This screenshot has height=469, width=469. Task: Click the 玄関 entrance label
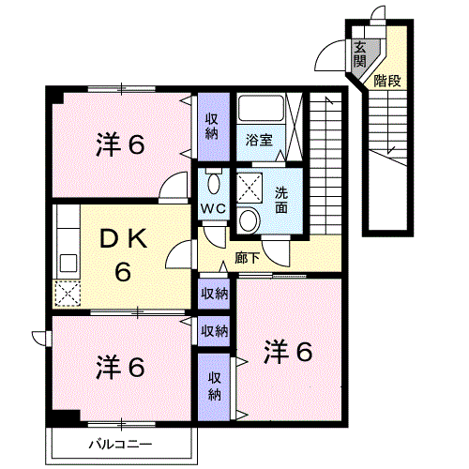point(360,55)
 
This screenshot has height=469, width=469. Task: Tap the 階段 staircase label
point(387,81)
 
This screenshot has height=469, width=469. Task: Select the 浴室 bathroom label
point(259,141)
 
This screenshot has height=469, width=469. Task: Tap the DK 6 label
point(122,255)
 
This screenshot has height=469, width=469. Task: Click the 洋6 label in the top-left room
point(120,145)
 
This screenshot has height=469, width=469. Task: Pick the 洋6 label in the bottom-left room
point(120,367)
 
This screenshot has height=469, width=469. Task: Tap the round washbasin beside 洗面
point(249,220)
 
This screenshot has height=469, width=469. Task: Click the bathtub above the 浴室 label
point(260,112)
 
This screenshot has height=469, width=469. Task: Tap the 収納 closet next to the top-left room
point(213,126)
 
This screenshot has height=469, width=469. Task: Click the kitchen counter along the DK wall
point(67,243)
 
